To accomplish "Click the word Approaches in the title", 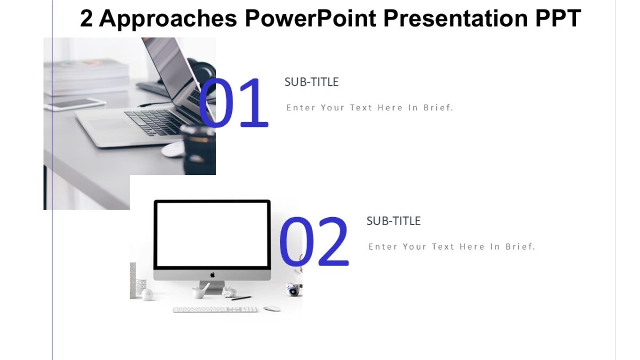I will tap(168, 19).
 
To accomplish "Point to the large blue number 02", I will tap(314, 242).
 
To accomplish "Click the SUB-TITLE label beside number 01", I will tap(311, 82).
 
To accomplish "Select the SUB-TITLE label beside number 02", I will tap(394, 221).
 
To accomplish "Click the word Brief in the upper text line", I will tap(438, 108).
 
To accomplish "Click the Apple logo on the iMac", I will tap(212, 275).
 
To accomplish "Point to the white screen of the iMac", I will tap(212, 234).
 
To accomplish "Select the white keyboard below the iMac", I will tap(215, 309).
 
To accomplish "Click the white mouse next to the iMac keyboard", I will tap(272, 309).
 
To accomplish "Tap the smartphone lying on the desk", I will tap(75, 105).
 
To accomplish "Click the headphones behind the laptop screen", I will tap(202, 72).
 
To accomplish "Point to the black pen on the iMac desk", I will tap(241, 298).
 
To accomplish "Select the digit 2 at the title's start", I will tap(86, 19).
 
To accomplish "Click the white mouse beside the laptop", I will tap(173, 150).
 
